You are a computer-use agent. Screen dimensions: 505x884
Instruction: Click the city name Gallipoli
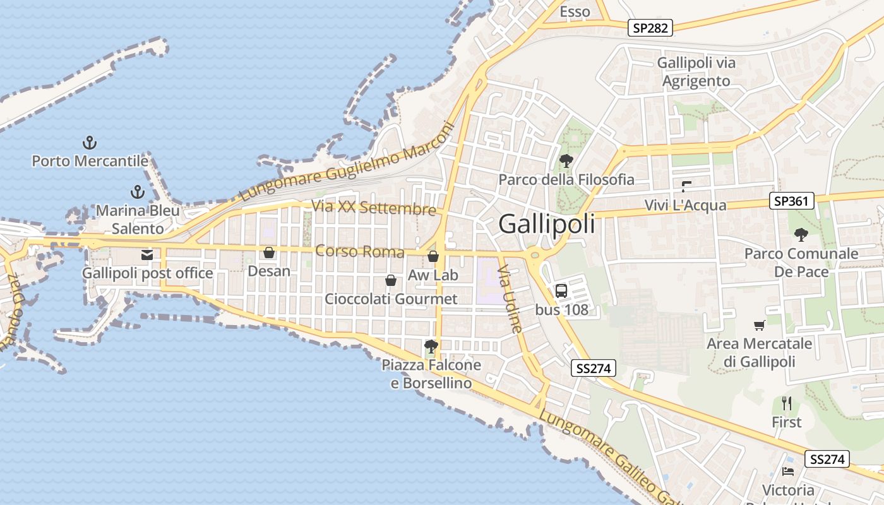(546, 224)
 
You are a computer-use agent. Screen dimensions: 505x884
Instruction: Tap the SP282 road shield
(650, 27)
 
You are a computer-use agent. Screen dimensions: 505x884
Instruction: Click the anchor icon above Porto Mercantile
(90, 142)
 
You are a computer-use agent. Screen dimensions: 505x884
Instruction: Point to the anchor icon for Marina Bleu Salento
(137, 191)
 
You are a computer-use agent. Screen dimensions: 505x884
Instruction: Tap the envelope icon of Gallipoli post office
(147, 255)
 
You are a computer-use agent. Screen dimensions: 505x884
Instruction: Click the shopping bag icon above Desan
(269, 252)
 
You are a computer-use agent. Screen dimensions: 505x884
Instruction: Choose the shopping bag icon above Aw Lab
(433, 256)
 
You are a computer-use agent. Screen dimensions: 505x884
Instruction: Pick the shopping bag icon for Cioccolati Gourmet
(391, 280)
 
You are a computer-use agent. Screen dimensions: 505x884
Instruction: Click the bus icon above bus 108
(561, 290)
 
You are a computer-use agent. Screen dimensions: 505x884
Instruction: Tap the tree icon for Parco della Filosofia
(566, 161)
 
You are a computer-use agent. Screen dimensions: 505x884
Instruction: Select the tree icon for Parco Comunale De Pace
(801, 235)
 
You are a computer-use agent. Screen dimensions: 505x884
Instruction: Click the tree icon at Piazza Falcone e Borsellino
(431, 346)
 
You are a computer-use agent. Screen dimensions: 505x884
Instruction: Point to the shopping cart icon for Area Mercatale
(759, 325)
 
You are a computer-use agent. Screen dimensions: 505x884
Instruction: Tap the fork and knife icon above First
(787, 403)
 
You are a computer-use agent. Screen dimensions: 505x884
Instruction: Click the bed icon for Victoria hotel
(787, 471)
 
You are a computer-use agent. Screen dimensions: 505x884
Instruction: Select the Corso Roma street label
(359, 251)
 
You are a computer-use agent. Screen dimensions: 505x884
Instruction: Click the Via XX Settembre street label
(374, 207)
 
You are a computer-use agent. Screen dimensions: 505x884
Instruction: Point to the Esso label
(575, 11)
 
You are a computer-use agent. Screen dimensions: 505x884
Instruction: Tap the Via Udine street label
(510, 299)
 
